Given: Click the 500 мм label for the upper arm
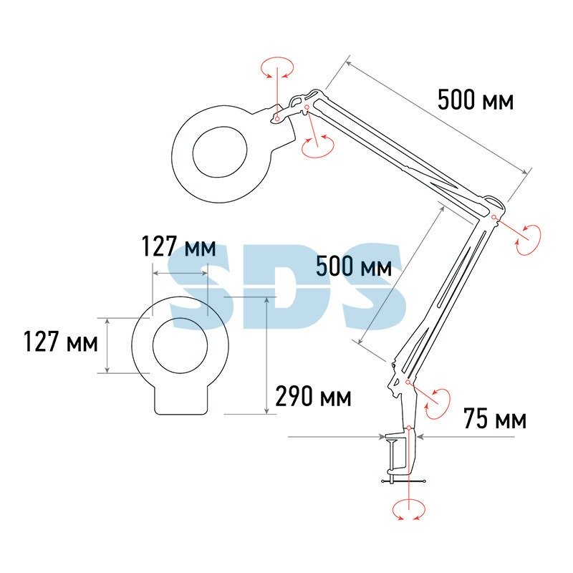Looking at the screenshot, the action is click(476, 100).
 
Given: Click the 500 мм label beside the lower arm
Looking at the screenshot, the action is click(354, 266).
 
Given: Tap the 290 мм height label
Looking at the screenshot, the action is click(313, 396).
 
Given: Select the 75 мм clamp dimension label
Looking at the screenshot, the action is click(495, 418).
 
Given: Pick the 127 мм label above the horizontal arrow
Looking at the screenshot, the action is click(178, 246).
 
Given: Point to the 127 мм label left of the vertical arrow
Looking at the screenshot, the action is click(61, 342).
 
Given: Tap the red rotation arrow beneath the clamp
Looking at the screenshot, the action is click(408, 509).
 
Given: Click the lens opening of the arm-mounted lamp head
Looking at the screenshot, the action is click(220, 152).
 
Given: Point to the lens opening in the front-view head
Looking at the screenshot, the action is click(180, 346).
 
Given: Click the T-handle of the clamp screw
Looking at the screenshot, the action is click(403, 481).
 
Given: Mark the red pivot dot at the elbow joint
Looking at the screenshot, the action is click(494, 217).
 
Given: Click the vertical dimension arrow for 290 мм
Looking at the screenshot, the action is click(266, 355).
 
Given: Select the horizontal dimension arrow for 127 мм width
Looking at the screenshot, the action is click(180, 273).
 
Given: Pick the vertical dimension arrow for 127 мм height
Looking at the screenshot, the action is click(107, 346).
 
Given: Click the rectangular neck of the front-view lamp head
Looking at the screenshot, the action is click(181, 400).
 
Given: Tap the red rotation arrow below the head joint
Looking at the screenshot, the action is click(318, 146).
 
